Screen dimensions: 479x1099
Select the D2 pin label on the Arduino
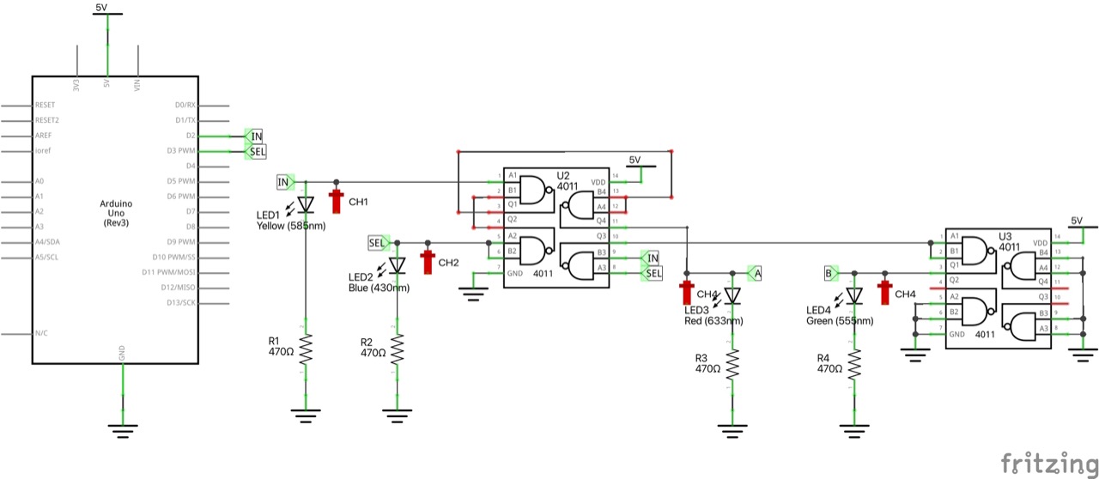pos(191,136)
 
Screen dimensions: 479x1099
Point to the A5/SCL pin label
pos(46,258)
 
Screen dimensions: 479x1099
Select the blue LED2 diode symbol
pos(397,265)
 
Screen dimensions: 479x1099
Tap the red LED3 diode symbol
pos(732,295)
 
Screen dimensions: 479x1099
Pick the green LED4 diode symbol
pos(853,295)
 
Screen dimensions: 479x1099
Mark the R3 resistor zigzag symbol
pos(732,365)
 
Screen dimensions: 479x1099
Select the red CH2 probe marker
pos(427,261)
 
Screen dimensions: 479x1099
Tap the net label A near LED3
pos(754,273)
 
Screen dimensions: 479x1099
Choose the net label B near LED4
pos(830,273)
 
